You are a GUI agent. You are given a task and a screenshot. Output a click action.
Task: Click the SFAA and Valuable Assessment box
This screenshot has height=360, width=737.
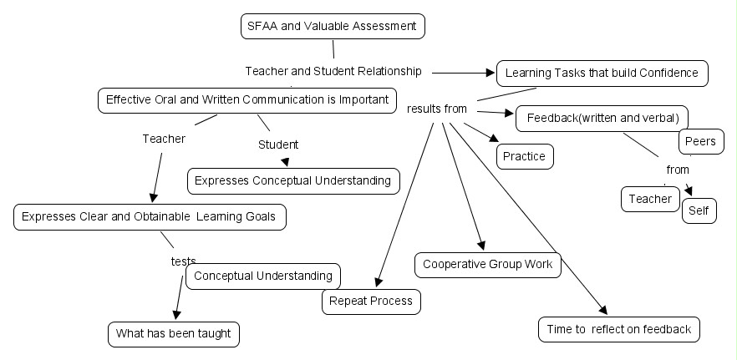click(333, 26)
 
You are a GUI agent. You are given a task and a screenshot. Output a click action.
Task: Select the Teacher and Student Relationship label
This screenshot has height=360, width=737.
click(333, 71)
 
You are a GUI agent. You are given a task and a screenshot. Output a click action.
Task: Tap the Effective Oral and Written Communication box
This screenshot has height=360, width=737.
click(247, 100)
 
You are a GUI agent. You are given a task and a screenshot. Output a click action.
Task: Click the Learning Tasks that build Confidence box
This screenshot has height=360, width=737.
click(602, 73)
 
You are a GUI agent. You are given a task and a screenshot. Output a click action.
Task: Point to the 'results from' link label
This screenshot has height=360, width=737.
click(437, 109)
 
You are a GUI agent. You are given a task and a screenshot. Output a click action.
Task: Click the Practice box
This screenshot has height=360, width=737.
click(525, 156)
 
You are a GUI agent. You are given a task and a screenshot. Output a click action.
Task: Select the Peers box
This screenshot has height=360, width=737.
click(699, 141)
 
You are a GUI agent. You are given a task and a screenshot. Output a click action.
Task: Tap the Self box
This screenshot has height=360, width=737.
click(699, 210)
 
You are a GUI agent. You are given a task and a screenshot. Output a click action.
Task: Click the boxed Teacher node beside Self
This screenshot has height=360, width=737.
click(650, 199)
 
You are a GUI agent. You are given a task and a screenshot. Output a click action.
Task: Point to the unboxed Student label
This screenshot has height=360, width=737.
click(278, 145)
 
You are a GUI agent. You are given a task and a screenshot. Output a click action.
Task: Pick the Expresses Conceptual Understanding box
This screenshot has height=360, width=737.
click(292, 180)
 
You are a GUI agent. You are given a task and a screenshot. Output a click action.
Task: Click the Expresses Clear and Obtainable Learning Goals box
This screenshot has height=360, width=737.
click(150, 217)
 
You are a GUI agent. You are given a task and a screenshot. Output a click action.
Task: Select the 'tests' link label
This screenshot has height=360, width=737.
click(183, 261)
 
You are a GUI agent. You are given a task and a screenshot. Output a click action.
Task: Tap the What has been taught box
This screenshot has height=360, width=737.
click(174, 334)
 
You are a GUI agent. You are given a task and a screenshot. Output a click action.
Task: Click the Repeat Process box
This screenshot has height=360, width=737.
click(370, 301)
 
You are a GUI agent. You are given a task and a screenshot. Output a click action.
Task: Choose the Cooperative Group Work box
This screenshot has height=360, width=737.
click(488, 264)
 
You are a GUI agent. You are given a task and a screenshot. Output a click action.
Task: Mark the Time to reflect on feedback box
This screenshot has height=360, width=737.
click(618, 329)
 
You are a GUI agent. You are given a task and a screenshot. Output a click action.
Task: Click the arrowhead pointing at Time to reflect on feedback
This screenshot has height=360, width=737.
click(602, 308)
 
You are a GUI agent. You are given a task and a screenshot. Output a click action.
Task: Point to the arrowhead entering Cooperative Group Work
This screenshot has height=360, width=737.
click(480, 245)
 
